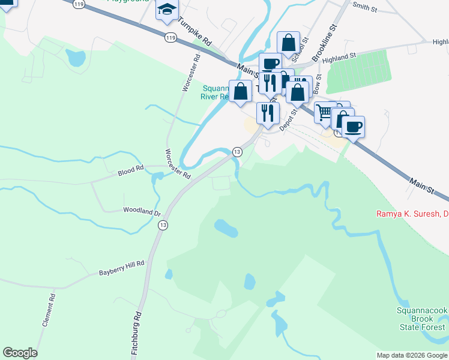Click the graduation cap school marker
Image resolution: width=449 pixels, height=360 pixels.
tap(167, 10)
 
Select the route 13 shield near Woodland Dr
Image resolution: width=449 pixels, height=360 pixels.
tap(163, 225)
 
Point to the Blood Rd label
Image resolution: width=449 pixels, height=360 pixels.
tap(131, 170)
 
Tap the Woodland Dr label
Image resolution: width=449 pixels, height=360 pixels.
tap(142, 211)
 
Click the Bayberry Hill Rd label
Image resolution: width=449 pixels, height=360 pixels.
tap(122, 268)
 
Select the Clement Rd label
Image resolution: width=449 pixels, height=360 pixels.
tap(49, 310)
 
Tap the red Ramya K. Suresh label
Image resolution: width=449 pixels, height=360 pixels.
tap(412, 214)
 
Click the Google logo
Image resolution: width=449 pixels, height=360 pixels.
tap(20, 353)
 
